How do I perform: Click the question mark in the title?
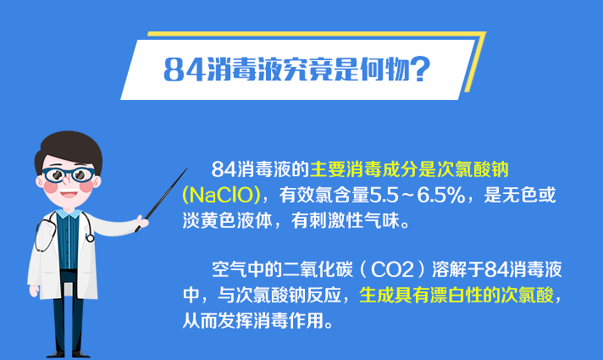tap(419, 69)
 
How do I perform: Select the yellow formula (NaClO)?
tap(221, 195)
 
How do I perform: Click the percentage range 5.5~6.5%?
tap(418, 195)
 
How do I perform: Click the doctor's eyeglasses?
tap(68, 175)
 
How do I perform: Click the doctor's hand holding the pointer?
tap(143, 222)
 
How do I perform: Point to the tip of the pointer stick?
tap(187, 168)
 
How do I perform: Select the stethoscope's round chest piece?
tap(90, 238)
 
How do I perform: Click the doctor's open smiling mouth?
tap(69, 193)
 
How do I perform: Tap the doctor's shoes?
tap(69, 354)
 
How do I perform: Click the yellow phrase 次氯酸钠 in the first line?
tap(473, 169)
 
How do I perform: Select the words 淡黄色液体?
tap(227, 220)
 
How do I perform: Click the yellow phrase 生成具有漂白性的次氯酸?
tap(456, 295)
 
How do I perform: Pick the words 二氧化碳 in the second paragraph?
tap(318, 269)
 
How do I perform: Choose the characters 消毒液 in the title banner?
tap(244, 69)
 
